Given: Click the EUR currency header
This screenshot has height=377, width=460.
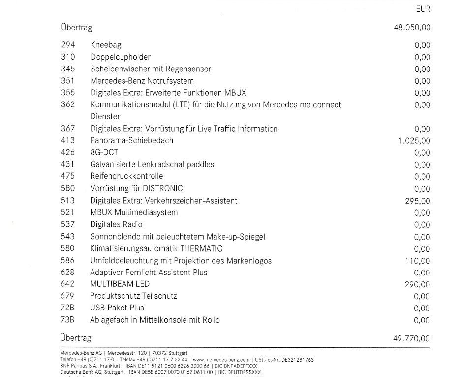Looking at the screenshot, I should point(423,8).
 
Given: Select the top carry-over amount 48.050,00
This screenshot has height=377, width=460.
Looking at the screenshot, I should point(412,27).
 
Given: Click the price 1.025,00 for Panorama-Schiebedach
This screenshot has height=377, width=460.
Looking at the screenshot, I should point(414,141).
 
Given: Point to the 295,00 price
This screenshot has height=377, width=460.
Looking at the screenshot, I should point(417,201).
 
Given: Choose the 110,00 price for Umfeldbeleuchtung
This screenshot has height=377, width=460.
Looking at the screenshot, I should point(417,261).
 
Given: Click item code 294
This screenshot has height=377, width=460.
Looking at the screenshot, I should point(68,45).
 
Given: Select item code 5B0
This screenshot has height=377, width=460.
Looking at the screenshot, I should point(68,189).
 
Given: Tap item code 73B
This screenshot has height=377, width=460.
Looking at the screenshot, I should point(68,320).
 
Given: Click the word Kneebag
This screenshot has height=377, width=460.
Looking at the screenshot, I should point(106,45).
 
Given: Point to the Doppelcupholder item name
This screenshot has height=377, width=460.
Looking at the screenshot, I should point(121,57).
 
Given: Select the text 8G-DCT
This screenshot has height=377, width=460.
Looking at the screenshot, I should point(104,153).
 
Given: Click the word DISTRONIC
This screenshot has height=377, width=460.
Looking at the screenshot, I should point(163,189).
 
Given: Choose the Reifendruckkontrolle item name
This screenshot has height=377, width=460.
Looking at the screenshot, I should point(126,176).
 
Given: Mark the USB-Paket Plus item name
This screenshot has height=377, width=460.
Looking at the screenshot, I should point(117,308).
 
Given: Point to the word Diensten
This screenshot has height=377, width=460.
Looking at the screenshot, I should point(106,117).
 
